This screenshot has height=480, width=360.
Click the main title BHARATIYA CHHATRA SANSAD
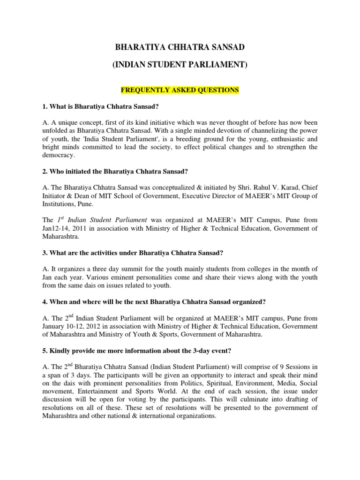180,48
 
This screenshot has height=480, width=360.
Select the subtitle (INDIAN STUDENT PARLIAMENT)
180,65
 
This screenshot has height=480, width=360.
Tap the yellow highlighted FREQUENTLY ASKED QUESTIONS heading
180,90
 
